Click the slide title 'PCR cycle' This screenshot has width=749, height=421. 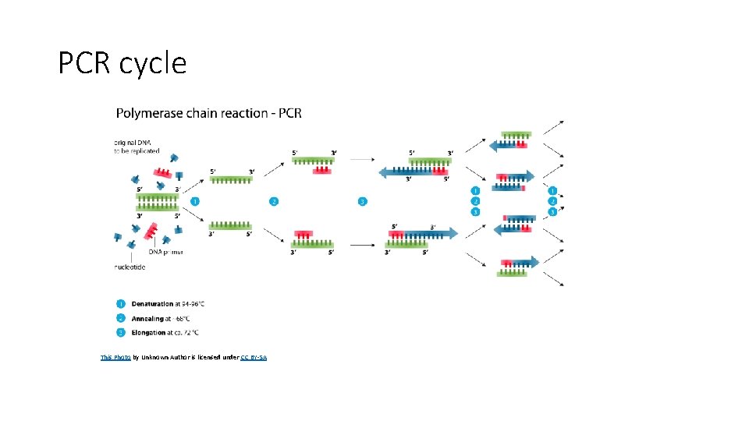[122, 63]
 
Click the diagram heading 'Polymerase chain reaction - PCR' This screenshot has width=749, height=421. [208, 113]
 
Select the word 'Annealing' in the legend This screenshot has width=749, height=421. [148, 318]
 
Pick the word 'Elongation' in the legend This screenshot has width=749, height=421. [148, 333]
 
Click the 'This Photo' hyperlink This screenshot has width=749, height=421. [115, 357]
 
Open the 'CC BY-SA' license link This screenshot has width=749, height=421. [254, 357]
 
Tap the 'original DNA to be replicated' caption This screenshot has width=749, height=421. [137, 147]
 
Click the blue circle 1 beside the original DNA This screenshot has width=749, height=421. [195, 202]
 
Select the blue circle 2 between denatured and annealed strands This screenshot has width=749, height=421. [273, 202]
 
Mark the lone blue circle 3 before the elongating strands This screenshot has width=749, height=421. [362, 202]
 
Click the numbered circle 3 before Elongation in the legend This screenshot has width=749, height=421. [121, 333]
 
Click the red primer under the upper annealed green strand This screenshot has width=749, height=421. [321, 169]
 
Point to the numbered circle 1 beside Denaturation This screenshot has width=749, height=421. [121, 303]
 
